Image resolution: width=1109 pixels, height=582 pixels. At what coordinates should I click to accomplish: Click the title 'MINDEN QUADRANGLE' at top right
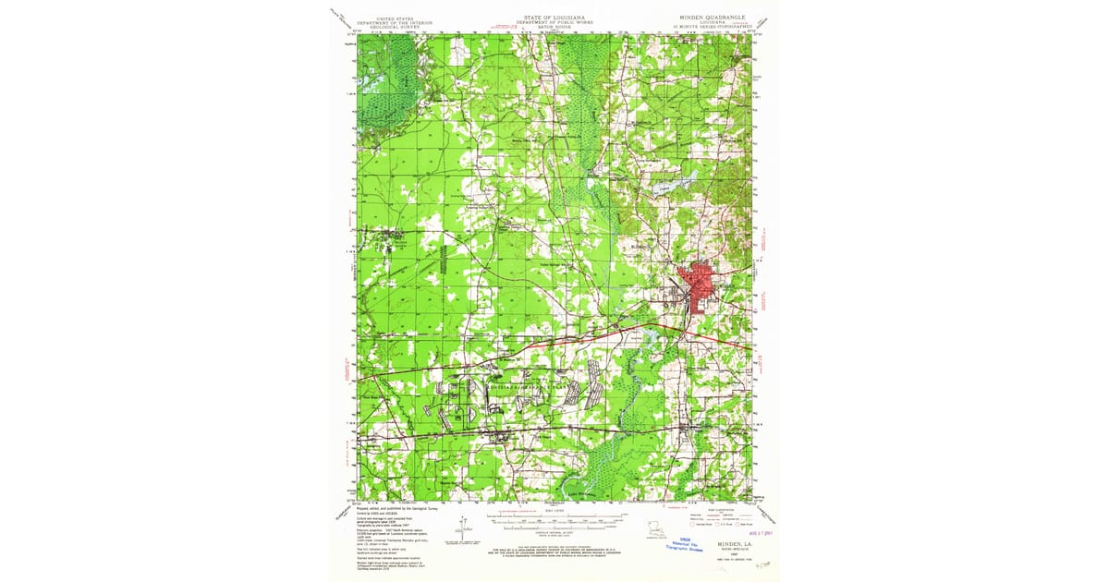[x=712, y=17]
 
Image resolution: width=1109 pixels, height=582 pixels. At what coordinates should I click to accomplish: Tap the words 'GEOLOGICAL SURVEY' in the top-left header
[x=396, y=27]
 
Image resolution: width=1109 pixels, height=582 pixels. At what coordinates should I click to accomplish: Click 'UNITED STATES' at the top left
[x=396, y=17]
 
